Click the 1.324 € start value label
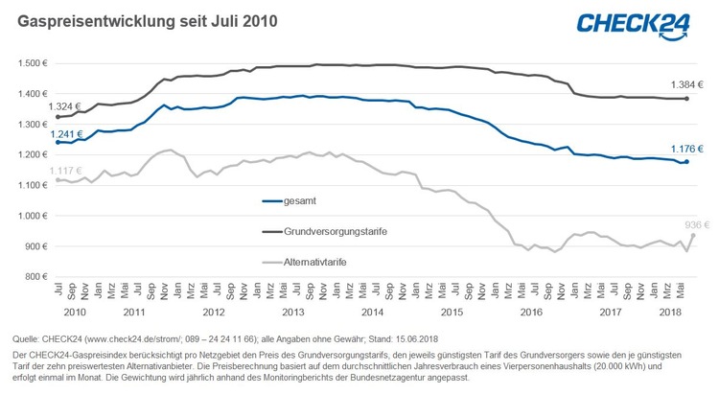[x=67, y=105]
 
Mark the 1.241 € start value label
[x=67, y=134]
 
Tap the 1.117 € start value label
[x=67, y=169]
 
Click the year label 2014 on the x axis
[x=372, y=312]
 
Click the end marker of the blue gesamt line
[x=686, y=162]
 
